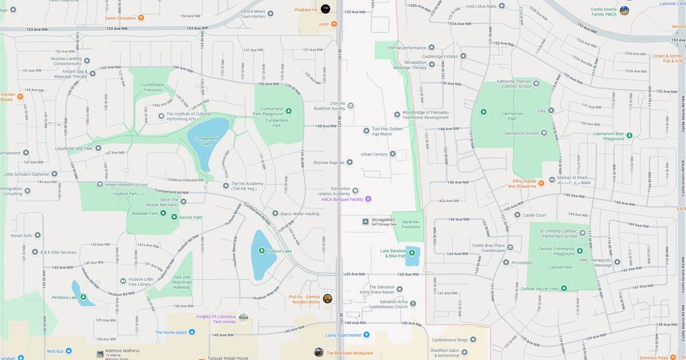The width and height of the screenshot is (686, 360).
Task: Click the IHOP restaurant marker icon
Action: click(334, 24)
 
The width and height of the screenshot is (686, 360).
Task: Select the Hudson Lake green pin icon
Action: click(261, 250)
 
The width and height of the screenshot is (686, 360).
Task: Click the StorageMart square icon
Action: click(366, 222)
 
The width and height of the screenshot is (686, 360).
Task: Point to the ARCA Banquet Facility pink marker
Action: click(368, 199)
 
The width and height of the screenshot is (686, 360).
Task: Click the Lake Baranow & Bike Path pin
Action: click(411, 252)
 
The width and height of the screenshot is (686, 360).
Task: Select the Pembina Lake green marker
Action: click(84, 297)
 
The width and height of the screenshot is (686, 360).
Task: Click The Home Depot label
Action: click(171, 333)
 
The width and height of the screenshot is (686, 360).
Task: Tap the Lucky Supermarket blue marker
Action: click(366, 335)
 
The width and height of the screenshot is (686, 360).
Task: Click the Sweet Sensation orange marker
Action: click(141, 18)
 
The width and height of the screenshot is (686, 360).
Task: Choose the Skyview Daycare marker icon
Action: click(350, 163)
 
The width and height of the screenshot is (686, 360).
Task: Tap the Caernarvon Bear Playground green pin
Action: click(629, 135)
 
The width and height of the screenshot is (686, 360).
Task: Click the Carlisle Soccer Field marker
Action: click(564, 289)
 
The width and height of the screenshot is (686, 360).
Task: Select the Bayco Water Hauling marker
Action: click(275, 213)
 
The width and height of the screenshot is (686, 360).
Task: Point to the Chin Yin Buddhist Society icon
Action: click(350, 105)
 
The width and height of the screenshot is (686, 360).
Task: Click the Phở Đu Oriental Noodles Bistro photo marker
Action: click(328, 299)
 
